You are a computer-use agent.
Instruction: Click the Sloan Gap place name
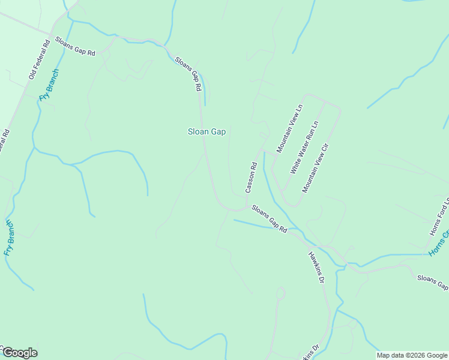(x=206, y=132)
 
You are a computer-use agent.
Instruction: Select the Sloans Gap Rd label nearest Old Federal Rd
(x=75, y=46)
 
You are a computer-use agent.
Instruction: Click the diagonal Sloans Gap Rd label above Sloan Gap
(x=188, y=74)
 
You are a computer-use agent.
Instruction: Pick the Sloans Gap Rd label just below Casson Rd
(x=269, y=218)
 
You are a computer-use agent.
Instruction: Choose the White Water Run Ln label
(x=304, y=148)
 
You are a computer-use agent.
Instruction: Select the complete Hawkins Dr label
(x=316, y=267)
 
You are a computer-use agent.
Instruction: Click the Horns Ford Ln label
(x=439, y=217)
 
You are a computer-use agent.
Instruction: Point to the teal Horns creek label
(x=439, y=245)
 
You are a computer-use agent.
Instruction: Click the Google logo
(x=20, y=353)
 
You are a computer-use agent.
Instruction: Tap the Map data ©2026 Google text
(x=412, y=355)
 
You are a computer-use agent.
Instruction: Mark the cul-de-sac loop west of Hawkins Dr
(x=280, y=293)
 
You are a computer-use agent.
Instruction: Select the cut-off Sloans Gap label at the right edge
(x=432, y=281)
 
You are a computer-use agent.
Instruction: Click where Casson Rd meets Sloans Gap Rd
(x=246, y=208)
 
